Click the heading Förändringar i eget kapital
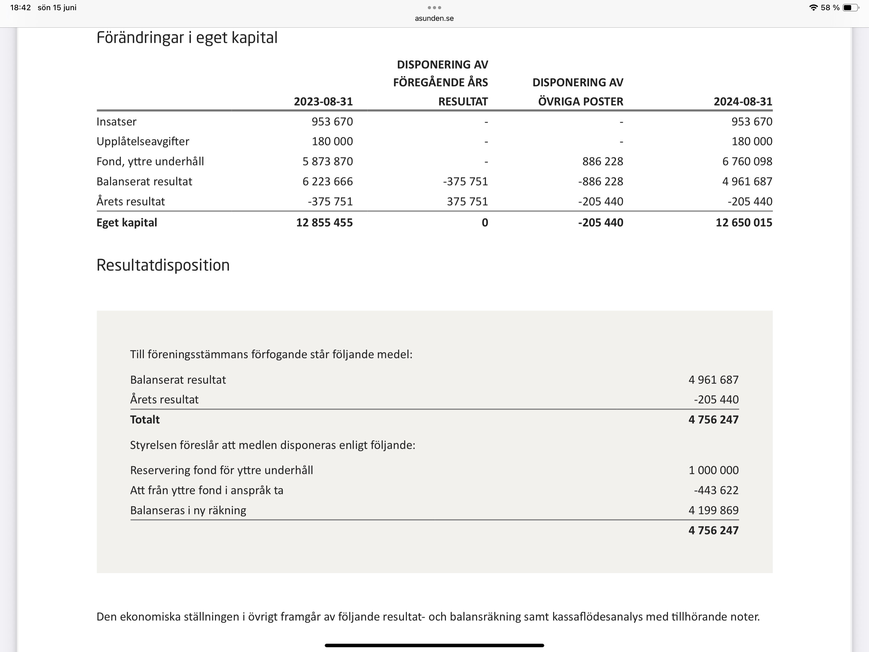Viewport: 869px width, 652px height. [187, 38]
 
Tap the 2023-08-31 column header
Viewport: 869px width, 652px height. [323, 102]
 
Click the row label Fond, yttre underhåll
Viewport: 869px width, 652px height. [150, 162]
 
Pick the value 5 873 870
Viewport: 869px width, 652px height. [327, 162]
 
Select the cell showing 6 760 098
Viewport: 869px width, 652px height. [747, 162]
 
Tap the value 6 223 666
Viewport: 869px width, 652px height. [327, 182]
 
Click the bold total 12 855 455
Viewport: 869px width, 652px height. [324, 223]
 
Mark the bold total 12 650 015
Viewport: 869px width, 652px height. [744, 223]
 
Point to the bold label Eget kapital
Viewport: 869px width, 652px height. [127, 223]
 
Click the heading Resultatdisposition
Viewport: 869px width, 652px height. [163, 266]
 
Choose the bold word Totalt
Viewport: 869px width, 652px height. [145, 420]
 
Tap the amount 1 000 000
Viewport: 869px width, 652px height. [713, 470]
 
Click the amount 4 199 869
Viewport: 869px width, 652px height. [713, 510]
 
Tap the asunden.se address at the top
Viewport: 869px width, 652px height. [434, 18]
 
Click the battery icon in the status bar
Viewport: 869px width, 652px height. [851, 8]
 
